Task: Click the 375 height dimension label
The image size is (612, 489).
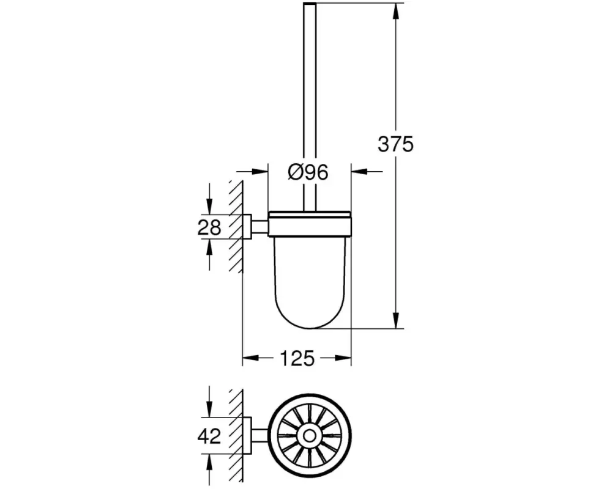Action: [395, 144]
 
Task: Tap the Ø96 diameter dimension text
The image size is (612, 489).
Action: [308, 172]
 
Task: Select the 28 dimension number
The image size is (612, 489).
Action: [209, 227]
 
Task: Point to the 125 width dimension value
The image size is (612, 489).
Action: [297, 358]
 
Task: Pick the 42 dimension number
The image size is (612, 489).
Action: [209, 436]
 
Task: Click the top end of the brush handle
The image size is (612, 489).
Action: [310, 4]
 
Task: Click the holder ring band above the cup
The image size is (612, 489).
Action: [310, 224]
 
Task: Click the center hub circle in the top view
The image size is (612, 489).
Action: [310, 436]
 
